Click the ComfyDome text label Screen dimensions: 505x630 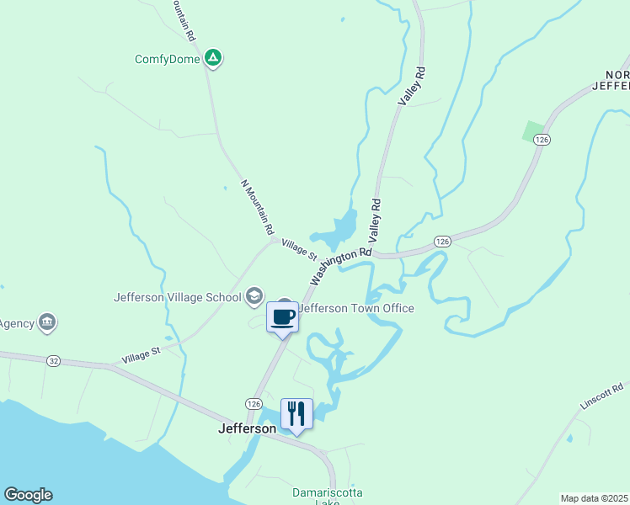click(168, 60)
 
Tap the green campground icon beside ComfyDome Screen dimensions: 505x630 click(214, 58)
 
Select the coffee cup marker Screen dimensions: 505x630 click(282, 317)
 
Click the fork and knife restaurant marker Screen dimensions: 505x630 click(296, 414)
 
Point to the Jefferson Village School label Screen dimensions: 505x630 click(178, 296)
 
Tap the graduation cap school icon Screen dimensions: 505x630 click(254, 296)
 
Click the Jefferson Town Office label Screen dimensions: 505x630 click(357, 308)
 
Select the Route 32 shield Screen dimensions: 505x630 click(54, 360)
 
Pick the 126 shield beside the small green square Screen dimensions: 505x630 click(541, 139)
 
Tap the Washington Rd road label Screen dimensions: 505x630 click(341, 265)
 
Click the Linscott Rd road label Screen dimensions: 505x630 click(600, 396)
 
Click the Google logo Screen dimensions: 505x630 click(28, 495)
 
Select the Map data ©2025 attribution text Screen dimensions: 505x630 click(595, 498)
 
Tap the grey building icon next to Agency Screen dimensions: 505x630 click(48, 322)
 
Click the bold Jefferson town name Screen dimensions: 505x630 click(247, 428)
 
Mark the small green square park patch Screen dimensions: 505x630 click(533, 131)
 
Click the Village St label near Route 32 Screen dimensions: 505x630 click(140, 355)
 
